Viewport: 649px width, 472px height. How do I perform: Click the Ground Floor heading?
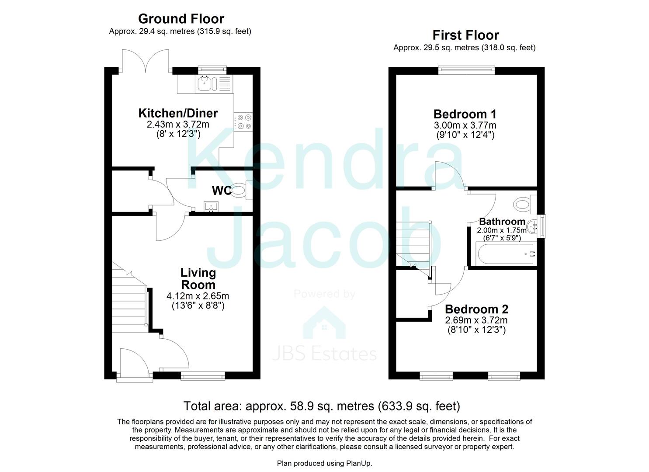[181, 19]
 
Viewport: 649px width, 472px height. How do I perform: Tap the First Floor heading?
[465, 35]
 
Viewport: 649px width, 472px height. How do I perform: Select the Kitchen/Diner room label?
[178, 113]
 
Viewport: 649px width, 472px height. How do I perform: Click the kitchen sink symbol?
[207, 83]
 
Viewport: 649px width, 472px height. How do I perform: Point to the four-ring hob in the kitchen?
[243, 121]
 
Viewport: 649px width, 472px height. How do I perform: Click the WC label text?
[222, 191]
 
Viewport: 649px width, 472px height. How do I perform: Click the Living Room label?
[198, 279]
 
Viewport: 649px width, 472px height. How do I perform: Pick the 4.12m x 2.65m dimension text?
[198, 296]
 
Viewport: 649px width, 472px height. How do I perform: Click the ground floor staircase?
[128, 297]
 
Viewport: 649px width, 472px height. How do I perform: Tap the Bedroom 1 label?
[465, 114]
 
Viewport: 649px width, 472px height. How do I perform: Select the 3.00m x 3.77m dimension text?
[465, 125]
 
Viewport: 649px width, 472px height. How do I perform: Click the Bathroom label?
[502, 222]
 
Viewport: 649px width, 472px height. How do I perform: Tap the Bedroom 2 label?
[476, 309]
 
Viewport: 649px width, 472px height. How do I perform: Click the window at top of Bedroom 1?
[466, 70]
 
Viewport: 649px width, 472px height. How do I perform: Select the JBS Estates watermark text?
[324, 354]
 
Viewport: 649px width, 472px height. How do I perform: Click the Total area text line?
[322, 406]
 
